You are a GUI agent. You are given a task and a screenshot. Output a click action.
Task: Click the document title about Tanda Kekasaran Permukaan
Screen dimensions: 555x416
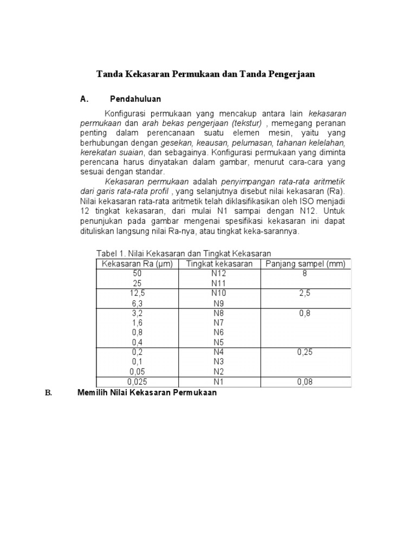point(205,74)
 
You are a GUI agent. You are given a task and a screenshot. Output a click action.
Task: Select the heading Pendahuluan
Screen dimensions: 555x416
point(135,99)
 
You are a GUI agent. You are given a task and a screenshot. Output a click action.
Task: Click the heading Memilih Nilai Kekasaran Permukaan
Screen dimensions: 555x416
point(147,392)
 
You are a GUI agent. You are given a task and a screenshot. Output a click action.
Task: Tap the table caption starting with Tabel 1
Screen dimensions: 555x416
point(183,254)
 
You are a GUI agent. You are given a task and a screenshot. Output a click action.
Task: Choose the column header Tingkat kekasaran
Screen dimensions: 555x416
point(219,264)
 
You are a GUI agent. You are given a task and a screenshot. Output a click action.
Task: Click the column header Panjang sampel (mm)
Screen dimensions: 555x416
point(305,264)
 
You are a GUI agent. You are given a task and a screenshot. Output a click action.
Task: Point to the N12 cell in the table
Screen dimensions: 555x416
point(219,274)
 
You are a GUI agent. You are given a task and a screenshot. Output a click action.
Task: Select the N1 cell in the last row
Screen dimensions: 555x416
point(219,382)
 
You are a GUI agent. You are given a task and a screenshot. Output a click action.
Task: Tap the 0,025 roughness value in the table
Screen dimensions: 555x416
point(137,382)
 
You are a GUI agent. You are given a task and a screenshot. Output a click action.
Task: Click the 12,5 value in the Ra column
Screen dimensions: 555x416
point(137,293)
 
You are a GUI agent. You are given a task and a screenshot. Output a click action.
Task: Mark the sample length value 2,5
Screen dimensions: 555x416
point(305,293)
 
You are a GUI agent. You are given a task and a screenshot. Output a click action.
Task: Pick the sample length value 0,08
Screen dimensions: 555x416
point(305,382)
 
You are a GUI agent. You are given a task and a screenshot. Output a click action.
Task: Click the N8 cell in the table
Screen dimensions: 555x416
point(219,313)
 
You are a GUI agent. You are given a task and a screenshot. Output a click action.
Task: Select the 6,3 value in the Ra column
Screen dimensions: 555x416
point(137,304)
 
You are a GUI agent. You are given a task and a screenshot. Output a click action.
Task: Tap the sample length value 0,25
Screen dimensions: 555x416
point(305,352)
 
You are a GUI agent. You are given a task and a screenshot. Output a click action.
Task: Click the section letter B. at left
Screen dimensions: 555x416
point(48,393)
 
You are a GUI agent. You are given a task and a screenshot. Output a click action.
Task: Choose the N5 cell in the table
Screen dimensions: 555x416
point(219,343)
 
